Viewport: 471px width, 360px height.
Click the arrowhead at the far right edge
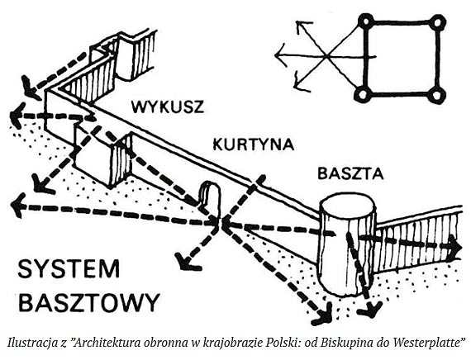(454, 246)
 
